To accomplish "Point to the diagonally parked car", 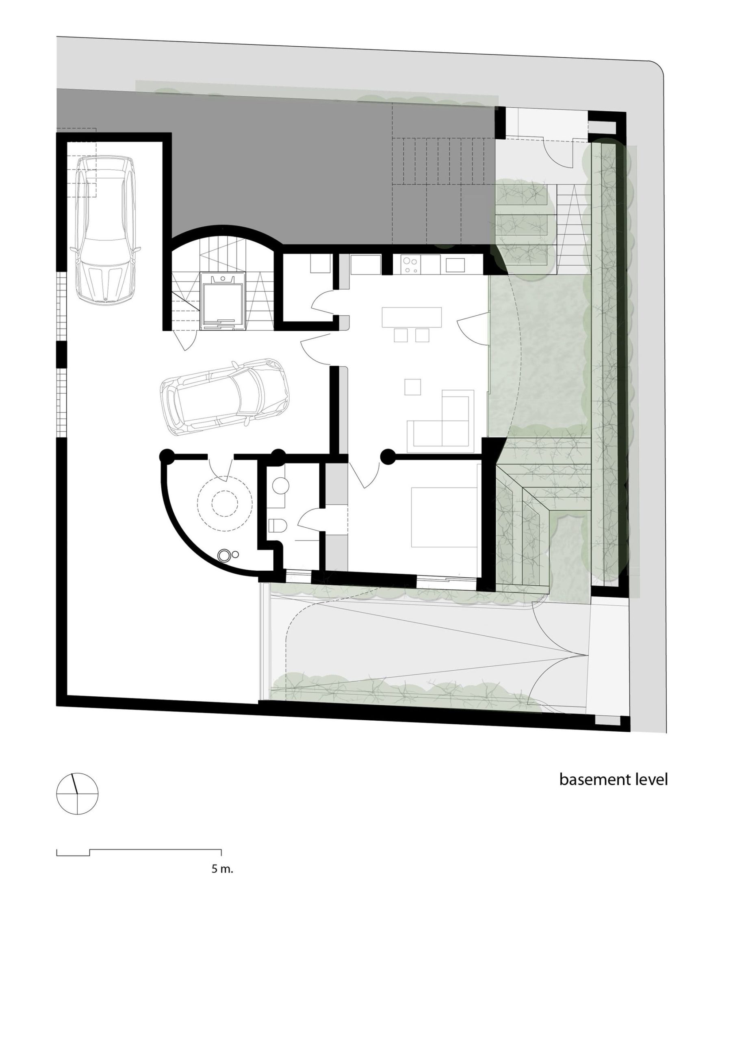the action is (224, 397).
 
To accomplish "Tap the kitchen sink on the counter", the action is (455, 264).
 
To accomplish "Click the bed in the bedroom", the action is (444, 517).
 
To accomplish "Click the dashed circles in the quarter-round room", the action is (224, 503).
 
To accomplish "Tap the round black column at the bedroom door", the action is (388, 456).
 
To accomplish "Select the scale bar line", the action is (139, 852).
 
